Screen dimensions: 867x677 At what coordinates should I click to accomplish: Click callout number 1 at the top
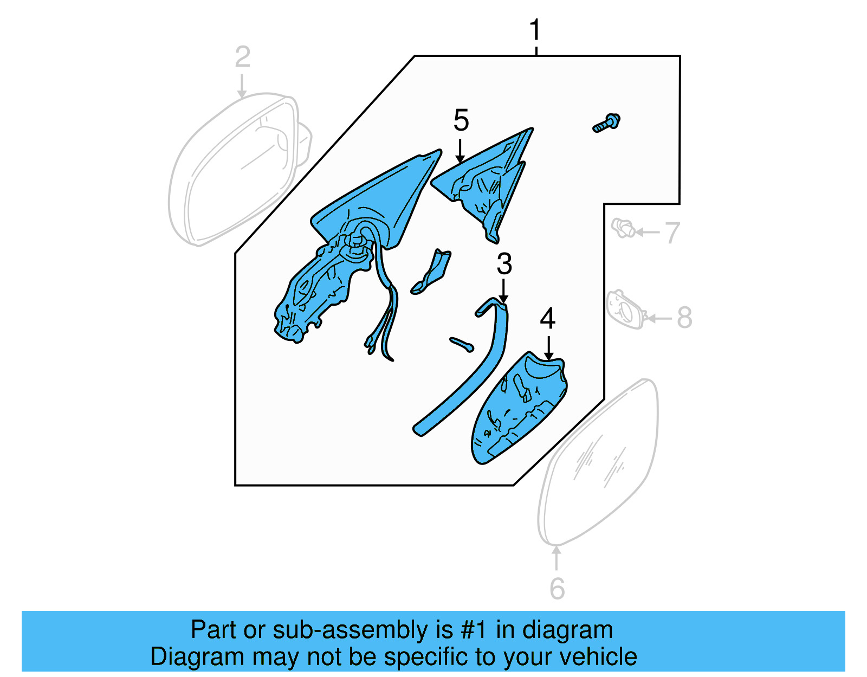[535, 30]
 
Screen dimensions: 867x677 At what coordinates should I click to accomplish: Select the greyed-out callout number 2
[242, 57]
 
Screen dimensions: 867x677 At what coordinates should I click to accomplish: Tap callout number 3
[504, 264]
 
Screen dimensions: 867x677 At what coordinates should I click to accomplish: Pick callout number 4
[548, 319]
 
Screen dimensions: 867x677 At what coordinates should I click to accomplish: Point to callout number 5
[461, 120]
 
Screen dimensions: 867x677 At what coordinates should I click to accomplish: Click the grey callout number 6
[557, 589]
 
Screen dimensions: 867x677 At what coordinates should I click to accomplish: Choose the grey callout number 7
[672, 233]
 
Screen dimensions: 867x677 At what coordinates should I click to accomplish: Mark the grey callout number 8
[684, 318]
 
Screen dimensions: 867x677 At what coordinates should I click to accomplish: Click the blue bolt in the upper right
[606, 124]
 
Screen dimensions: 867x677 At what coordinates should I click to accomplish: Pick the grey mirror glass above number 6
[599, 461]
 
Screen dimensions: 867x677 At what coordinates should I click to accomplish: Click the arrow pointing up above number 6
[557, 558]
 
